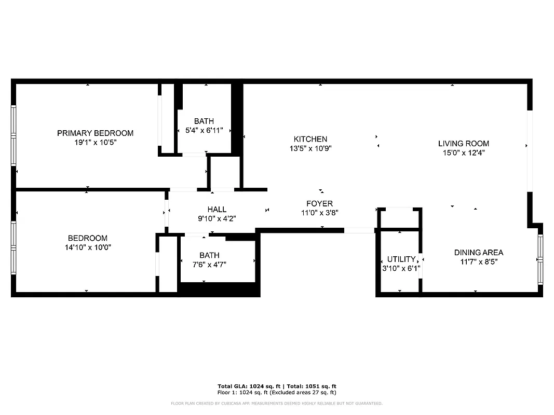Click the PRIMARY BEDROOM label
tap(95, 133)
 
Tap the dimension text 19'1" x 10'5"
tap(95, 142)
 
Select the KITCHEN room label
tap(310, 139)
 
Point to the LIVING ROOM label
tap(464, 144)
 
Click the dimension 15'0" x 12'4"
tap(464, 153)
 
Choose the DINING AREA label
tap(478, 253)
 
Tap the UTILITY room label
tap(401, 259)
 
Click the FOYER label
tap(319, 204)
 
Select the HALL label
tap(217, 210)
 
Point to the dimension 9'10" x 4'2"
tap(217, 218)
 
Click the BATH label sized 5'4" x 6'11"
tap(204, 121)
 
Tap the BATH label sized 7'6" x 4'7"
tap(209, 255)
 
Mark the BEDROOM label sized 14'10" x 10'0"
tap(88, 238)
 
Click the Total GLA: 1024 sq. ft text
tap(249, 386)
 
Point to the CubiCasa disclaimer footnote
tap(277, 403)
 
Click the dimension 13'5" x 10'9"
tap(310, 148)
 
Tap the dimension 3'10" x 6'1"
tap(401, 269)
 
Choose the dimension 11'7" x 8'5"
tap(478, 261)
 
